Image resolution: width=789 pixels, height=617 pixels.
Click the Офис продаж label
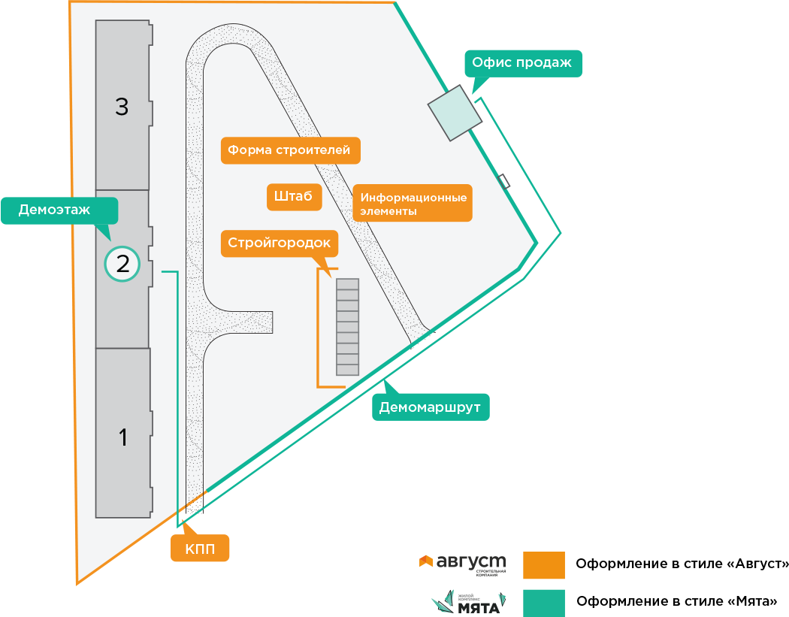pyautogui.click(x=523, y=63)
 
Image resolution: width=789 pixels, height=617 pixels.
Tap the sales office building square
pyautogui.click(x=455, y=111)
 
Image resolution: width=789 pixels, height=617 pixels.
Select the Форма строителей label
pyautogui.click(x=290, y=150)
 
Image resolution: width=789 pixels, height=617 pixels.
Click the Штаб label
pyautogui.click(x=294, y=197)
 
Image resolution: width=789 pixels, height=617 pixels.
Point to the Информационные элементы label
pyautogui.click(x=413, y=204)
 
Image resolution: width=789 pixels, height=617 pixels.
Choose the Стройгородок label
pyautogui.click(x=280, y=243)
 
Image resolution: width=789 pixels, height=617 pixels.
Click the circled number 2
pyautogui.click(x=122, y=264)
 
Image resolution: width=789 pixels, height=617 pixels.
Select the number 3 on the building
pyautogui.click(x=122, y=107)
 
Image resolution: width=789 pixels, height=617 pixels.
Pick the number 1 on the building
pyautogui.click(x=123, y=437)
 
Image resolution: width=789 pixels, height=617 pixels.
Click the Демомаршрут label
pyautogui.click(x=431, y=407)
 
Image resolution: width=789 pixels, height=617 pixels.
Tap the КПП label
pyautogui.click(x=200, y=549)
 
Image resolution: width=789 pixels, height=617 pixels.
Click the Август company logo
pyautogui.click(x=462, y=563)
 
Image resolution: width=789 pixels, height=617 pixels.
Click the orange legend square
pyautogui.click(x=543, y=565)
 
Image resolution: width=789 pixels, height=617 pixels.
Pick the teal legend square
pyautogui.click(x=543, y=603)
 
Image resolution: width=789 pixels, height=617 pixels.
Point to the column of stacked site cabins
pyautogui.click(x=347, y=327)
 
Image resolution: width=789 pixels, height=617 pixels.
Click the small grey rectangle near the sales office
pyautogui.click(x=506, y=181)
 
